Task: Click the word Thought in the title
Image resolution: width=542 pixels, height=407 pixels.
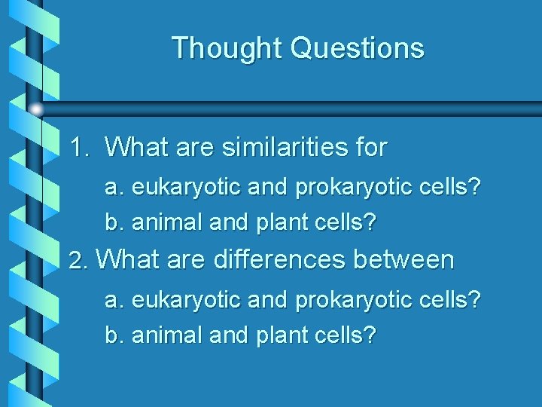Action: pyautogui.click(x=227, y=48)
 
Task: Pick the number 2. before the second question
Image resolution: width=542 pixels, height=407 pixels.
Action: pyautogui.click(x=79, y=261)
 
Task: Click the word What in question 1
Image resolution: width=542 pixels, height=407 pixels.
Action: pyautogui.click(x=138, y=147)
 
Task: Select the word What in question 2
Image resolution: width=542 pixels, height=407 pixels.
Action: pyautogui.click(x=128, y=260)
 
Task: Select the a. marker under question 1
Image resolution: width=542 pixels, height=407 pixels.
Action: pyautogui.click(x=115, y=188)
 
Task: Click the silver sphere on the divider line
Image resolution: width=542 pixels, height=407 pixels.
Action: pyautogui.click(x=36, y=109)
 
